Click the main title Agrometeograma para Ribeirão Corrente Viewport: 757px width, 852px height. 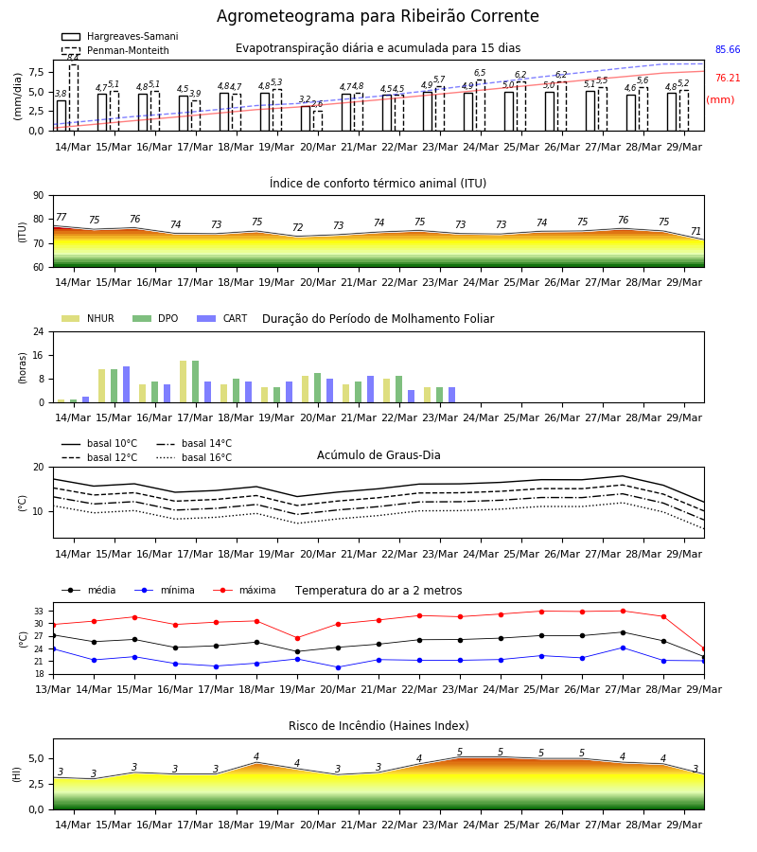pyautogui.click(x=378, y=16)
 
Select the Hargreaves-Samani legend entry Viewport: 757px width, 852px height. pyautogui.click(x=120, y=36)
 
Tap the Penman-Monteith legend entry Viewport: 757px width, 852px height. pyautogui.click(x=115, y=50)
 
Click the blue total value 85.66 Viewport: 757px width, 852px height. pyautogui.click(x=728, y=49)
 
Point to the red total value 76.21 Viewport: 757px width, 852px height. pyautogui.click(x=728, y=78)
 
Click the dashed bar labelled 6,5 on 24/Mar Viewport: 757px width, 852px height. pyautogui.click(x=481, y=105)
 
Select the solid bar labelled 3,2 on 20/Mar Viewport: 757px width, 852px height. pyautogui.click(x=306, y=118)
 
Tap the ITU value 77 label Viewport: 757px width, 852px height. pyautogui.click(x=61, y=218)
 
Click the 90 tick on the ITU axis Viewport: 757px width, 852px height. pyautogui.click(x=39, y=196)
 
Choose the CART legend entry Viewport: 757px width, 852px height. pyautogui.click(x=222, y=318)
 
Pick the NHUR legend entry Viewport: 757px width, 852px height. pyautogui.click(x=88, y=318)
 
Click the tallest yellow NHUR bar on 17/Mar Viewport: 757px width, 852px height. pyautogui.click(x=183, y=382)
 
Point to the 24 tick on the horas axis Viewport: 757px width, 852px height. pyautogui.click(x=39, y=331)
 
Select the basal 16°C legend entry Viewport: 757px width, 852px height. pyautogui.click(x=194, y=457)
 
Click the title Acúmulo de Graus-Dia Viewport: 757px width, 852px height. pyautogui.click(x=378, y=454)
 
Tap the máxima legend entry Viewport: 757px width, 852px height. pyautogui.click(x=244, y=590)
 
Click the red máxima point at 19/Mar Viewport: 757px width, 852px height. pyautogui.click(x=297, y=638)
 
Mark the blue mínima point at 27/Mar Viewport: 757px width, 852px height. pyautogui.click(x=623, y=648)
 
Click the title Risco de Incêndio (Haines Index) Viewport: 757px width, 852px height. pyautogui.click(x=378, y=726)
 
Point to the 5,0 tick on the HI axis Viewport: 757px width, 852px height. pyautogui.click(x=36, y=758)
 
